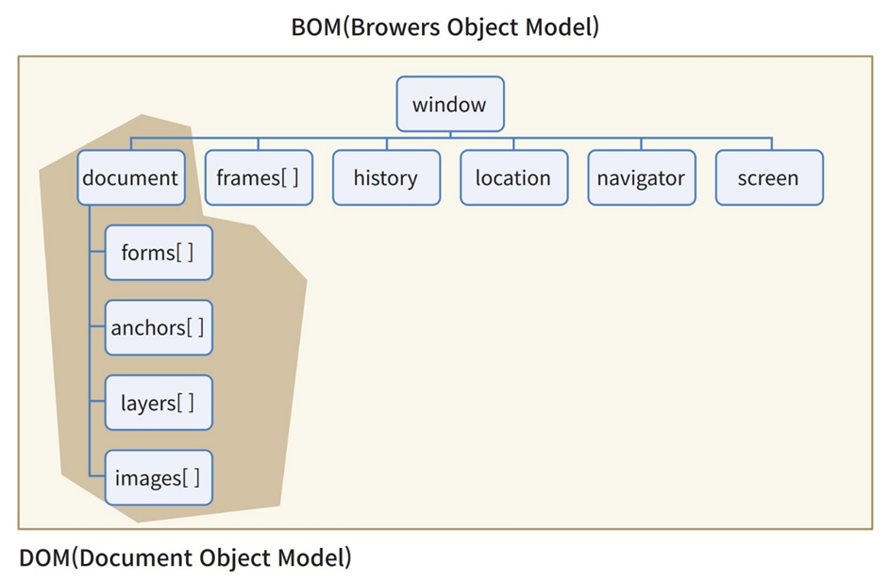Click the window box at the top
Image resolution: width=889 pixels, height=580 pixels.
click(450, 105)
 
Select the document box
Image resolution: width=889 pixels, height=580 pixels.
click(130, 178)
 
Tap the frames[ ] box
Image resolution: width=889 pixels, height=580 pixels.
click(259, 178)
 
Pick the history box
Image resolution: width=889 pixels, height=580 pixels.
click(385, 178)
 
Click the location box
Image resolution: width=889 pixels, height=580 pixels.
click(513, 178)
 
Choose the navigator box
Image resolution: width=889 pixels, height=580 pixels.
click(641, 178)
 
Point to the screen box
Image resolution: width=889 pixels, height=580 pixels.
click(768, 178)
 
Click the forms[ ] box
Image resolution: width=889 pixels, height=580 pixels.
click(159, 253)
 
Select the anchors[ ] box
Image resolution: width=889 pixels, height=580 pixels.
click(159, 328)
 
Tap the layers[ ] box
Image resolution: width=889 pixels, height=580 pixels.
click(159, 404)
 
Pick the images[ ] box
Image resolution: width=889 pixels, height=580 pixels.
click(159, 478)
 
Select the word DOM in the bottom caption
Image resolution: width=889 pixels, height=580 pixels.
click(43, 557)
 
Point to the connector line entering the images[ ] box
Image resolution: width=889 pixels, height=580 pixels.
click(96, 478)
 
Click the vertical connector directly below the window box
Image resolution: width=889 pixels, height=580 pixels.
click(450, 136)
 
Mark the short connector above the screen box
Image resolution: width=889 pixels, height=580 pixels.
click(768, 144)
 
